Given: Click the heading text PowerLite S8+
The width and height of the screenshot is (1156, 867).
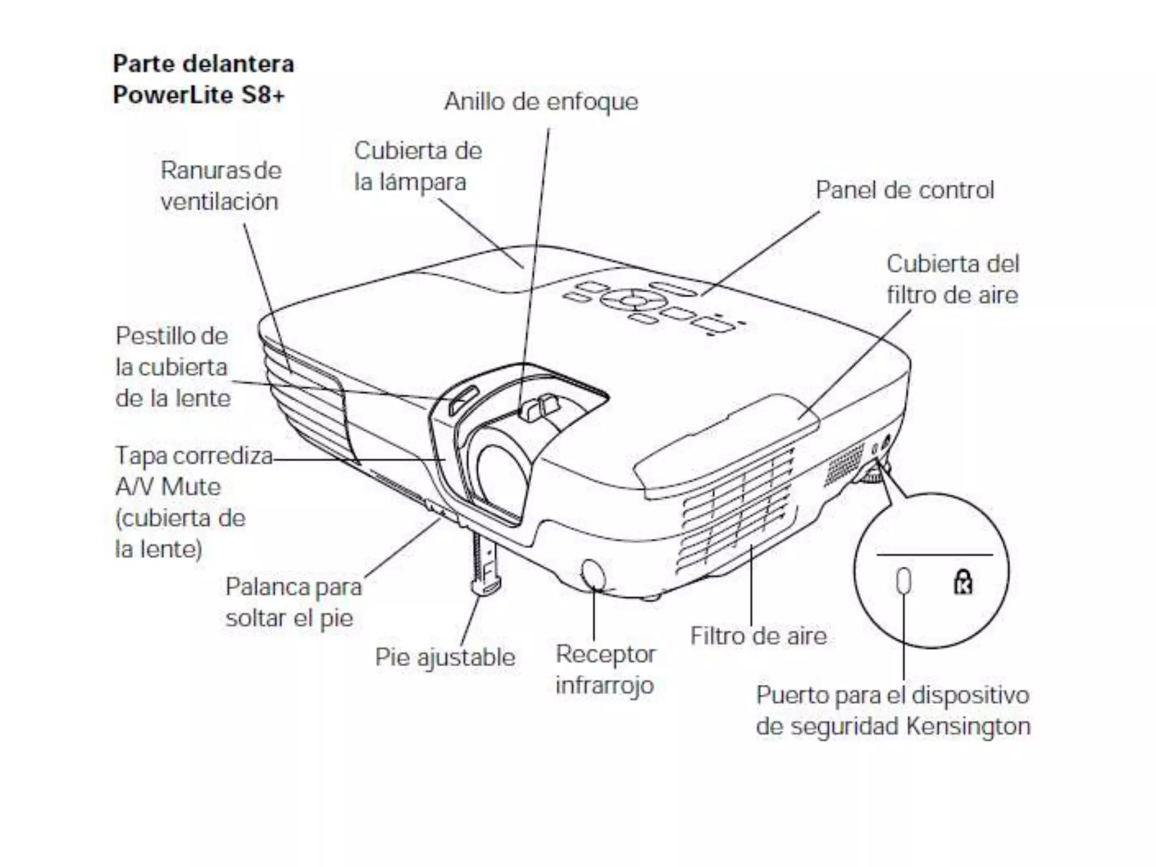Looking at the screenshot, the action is pyautogui.click(x=199, y=95).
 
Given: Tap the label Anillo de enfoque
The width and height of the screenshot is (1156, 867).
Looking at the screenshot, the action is pyautogui.click(x=541, y=102).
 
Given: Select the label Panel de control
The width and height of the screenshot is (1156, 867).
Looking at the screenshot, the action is pyautogui.click(x=904, y=190).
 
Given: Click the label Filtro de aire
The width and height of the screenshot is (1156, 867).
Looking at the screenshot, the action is pyautogui.click(x=758, y=636).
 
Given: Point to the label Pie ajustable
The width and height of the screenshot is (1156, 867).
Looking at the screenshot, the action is pyautogui.click(x=445, y=658).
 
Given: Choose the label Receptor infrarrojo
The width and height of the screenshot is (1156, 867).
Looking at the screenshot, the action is pyautogui.click(x=605, y=669).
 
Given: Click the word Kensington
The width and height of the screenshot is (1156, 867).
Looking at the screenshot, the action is pyautogui.click(x=968, y=726).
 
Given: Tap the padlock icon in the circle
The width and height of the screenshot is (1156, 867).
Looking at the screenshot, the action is pyautogui.click(x=963, y=582).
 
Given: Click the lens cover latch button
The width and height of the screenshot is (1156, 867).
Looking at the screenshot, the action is pyautogui.click(x=463, y=400).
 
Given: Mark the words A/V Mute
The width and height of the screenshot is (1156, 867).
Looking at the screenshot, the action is pyautogui.click(x=168, y=487).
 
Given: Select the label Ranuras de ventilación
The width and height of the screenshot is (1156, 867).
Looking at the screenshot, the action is pyautogui.click(x=220, y=186).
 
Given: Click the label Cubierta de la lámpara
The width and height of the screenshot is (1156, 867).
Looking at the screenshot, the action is pyautogui.click(x=418, y=167).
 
